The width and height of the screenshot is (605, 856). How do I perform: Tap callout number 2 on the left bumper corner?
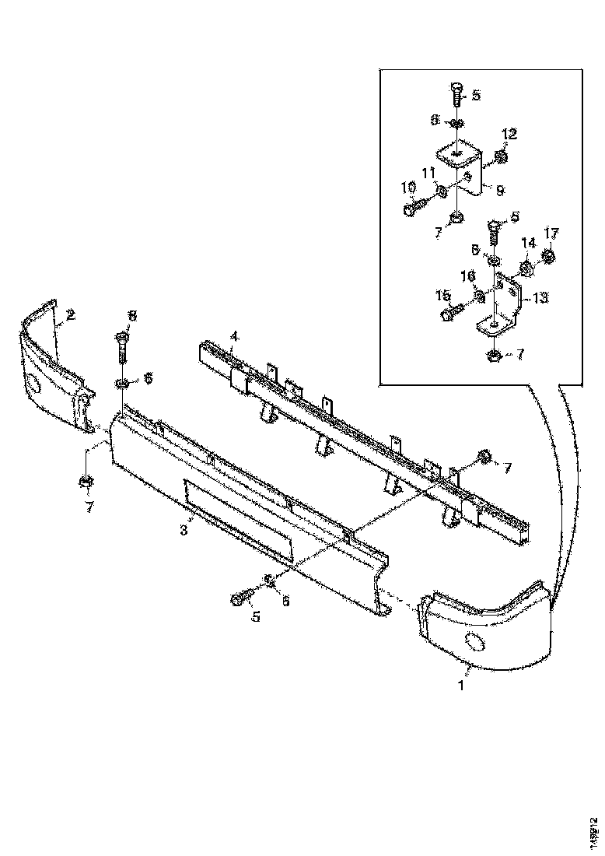(70, 315)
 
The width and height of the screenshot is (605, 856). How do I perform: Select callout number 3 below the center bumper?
(184, 531)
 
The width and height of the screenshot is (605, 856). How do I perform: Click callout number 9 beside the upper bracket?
(500, 189)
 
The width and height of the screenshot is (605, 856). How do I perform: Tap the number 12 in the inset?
(509, 135)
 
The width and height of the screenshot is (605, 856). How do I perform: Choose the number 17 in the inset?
(551, 232)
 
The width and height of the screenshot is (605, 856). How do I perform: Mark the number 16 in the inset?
(468, 276)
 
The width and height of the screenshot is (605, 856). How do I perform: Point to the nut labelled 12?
(501, 158)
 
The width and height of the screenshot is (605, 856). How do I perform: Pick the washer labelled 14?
(526, 269)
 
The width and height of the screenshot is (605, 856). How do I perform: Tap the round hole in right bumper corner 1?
(472, 642)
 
